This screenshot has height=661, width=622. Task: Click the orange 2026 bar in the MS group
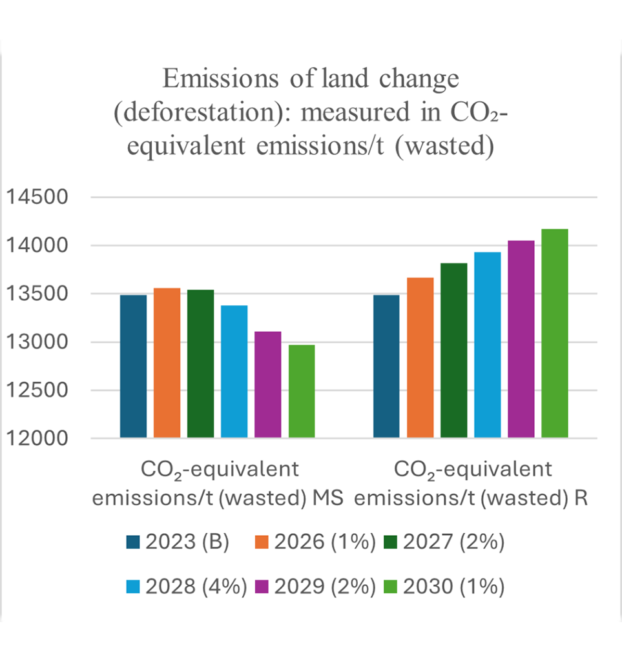coord(167,363)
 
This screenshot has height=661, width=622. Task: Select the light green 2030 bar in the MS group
coord(302,391)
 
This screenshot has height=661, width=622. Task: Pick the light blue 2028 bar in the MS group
coord(234,372)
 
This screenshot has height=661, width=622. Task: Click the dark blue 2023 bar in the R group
coord(387,366)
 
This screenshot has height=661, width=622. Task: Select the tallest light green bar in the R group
coord(555,333)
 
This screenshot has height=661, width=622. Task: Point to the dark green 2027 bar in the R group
coord(454,351)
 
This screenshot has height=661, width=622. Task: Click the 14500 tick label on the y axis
coord(37,198)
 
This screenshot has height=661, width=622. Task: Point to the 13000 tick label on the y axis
coord(37,343)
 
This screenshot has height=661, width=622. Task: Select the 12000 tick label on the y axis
coord(37,439)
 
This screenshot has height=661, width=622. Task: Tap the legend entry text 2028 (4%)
coord(196,587)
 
